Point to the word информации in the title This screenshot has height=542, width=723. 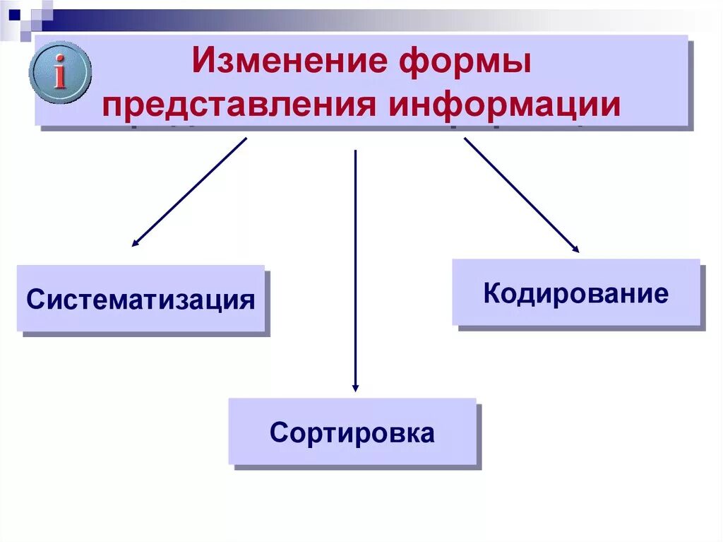506,104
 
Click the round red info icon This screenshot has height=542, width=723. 61,73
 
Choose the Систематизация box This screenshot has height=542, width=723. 141,298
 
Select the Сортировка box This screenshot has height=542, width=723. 352,431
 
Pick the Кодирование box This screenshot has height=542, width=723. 575,292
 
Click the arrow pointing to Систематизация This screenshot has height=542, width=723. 189,192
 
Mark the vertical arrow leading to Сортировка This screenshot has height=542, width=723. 355,269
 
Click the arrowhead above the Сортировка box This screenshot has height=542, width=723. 355,387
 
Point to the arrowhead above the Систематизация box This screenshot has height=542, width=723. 135,242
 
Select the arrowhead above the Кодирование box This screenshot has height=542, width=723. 575,249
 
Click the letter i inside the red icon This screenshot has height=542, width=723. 61,73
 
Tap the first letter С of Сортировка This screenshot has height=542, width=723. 277,432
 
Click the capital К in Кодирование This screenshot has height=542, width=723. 492,293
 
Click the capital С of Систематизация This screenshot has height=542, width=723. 34,300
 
